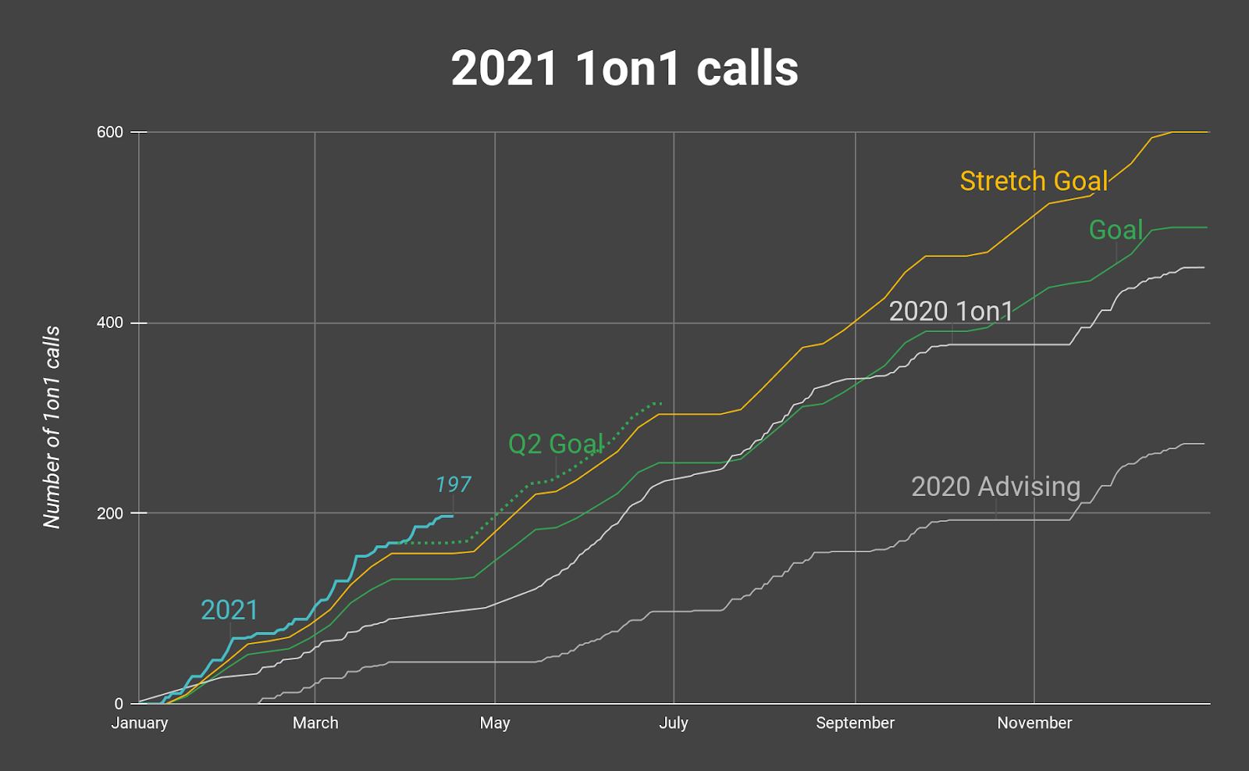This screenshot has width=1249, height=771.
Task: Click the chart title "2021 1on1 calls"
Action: pos(624,69)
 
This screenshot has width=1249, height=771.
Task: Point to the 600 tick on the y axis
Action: pos(110,132)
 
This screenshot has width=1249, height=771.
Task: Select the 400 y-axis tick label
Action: pos(110,323)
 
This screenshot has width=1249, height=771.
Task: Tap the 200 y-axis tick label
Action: pos(110,513)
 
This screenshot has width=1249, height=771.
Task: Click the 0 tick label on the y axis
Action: pos(119,704)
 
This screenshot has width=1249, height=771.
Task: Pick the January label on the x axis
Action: pos(140,723)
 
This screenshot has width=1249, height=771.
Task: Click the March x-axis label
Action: pos(315,723)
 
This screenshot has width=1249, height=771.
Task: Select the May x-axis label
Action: pos(495,723)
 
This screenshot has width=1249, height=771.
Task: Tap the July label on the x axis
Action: pos(674,723)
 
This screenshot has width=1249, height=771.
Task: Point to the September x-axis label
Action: pos(855,723)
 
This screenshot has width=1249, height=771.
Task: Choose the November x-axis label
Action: pos(1034,723)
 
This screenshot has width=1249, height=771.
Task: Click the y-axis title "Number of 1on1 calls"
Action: pos(52,427)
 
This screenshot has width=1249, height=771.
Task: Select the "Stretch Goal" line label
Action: pos(1034,181)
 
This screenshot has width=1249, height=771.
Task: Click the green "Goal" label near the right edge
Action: pos(1116,230)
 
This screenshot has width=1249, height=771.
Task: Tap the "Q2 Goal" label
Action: pos(556,444)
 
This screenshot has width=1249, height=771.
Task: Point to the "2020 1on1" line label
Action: pos(951,311)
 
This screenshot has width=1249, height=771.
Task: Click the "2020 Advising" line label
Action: pos(995,486)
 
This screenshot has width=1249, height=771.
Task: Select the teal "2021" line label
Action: pos(229,609)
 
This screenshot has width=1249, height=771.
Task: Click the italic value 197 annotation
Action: pos(454,484)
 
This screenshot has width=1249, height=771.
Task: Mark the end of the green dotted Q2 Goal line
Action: pos(661,403)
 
